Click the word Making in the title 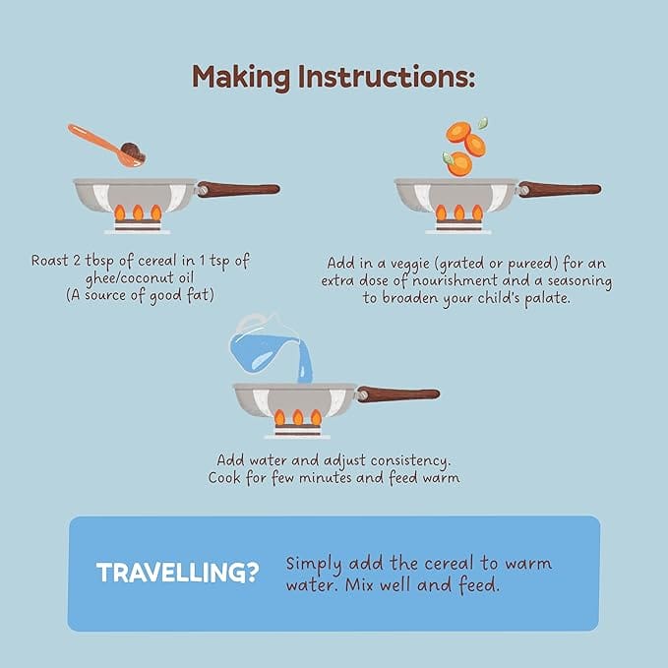(241, 78)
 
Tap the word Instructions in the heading (386, 77)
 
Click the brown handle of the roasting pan (238, 189)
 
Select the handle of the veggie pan (560, 189)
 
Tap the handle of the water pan (397, 395)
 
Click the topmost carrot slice (458, 132)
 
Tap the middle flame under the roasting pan (138, 213)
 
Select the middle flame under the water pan (298, 417)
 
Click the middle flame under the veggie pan (459, 213)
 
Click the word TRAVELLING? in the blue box (178, 573)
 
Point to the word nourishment (455, 280)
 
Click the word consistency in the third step (410, 461)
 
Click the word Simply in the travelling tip (314, 565)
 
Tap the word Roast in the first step (49, 261)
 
